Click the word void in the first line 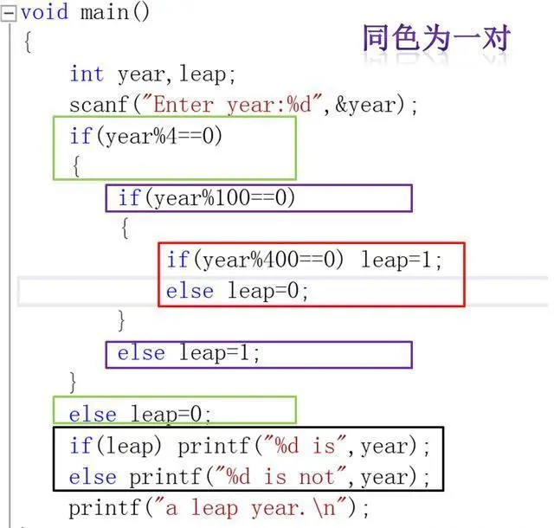click(x=46, y=12)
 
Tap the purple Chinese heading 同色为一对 click(x=436, y=38)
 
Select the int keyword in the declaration click(x=87, y=74)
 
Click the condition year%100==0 click(x=220, y=198)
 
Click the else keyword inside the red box click(x=190, y=291)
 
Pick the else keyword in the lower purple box click(x=141, y=353)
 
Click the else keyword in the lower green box click(x=93, y=415)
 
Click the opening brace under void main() click(x=28, y=43)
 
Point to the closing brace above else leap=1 click(x=122, y=321)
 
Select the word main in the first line click(x=103, y=12)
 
